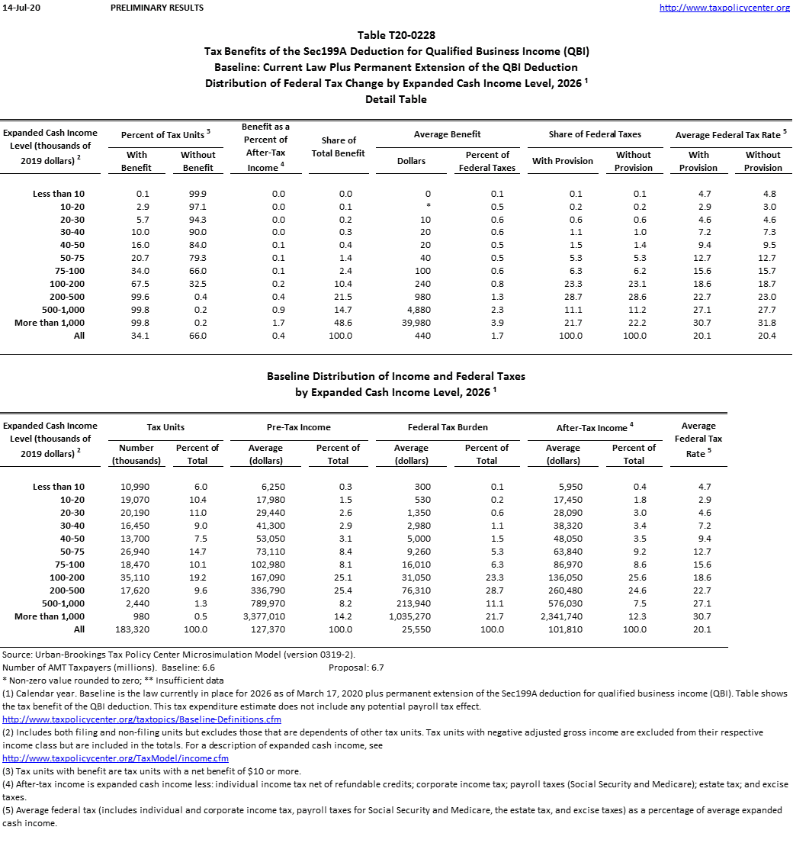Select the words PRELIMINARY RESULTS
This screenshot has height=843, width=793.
[157, 8]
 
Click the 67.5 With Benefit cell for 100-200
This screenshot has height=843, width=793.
[137, 284]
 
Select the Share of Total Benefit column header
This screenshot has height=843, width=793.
[339, 146]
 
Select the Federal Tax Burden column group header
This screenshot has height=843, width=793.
[448, 428]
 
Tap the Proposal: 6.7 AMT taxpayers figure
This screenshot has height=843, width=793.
[356, 668]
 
